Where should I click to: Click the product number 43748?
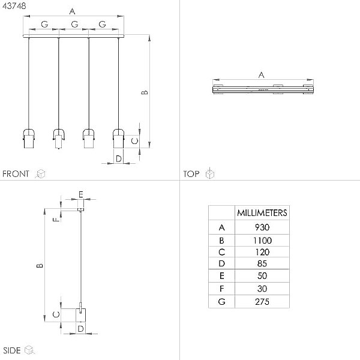tap(14, 6)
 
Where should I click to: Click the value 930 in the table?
tap(262, 227)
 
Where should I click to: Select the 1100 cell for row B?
tap(262, 241)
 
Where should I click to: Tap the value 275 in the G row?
tap(262, 302)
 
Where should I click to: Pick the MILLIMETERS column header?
tap(262, 213)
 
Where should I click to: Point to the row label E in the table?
tap(221, 276)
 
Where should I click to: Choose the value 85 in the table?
tap(262, 263)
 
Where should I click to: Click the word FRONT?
tap(16, 174)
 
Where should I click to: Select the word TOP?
tap(191, 174)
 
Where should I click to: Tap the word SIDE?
tap(12, 350)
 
